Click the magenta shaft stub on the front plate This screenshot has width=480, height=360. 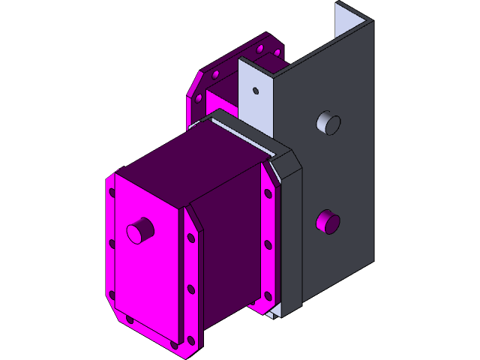coord(138,230)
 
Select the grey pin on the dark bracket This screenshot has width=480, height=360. coord(328,122)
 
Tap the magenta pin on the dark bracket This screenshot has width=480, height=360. coord(328,220)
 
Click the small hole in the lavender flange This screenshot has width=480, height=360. coord(255,91)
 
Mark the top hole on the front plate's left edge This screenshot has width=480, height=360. coord(112,193)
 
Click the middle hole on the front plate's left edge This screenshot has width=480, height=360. coord(112,243)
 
